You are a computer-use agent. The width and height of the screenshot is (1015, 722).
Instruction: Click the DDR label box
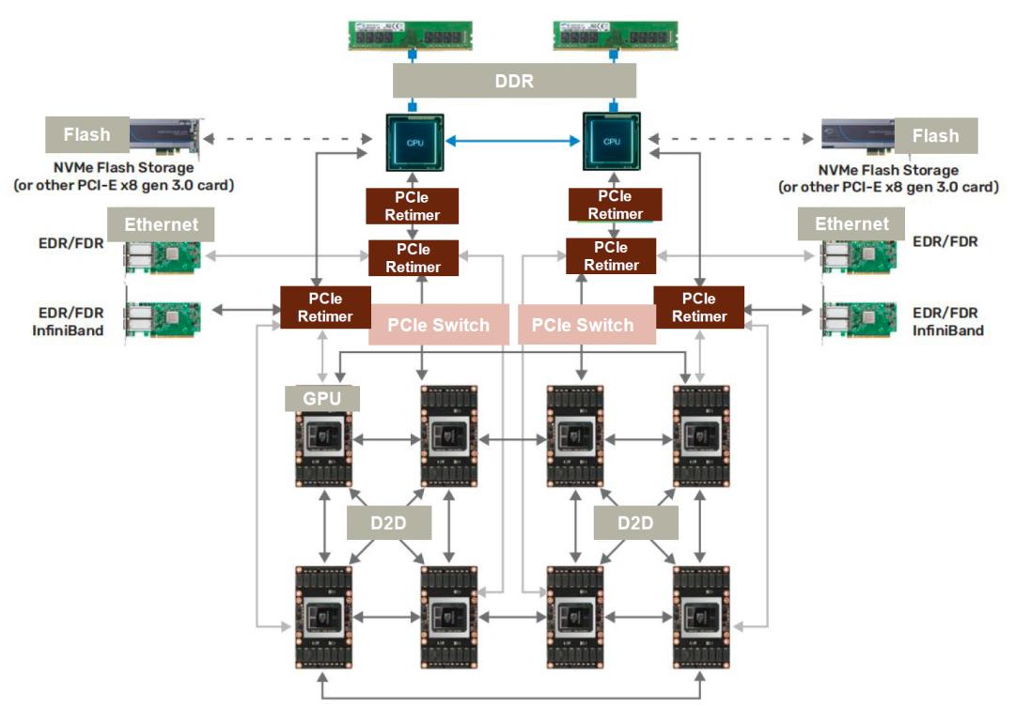pyautogui.click(x=514, y=81)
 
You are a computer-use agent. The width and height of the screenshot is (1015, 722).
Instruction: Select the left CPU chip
pyautogui.click(x=414, y=141)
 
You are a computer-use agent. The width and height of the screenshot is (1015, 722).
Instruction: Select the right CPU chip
pyautogui.click(x=612, y=141)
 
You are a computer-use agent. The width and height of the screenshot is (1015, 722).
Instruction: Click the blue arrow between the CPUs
pyautogui.click(x=513, y=141)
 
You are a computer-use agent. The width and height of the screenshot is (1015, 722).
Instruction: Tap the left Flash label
pyautogui.click(x=86, y=134)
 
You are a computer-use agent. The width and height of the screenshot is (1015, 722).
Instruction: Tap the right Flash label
pyautogui.click(x=935, y=135)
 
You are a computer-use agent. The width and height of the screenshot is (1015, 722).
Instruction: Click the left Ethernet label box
pyautogui.click(x=162, y=224)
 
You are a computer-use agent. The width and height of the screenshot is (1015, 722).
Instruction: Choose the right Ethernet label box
pyautogui.click(x=851, y=223)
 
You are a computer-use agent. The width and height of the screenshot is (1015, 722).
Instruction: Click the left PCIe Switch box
pyautogui.click(x=439, y=325)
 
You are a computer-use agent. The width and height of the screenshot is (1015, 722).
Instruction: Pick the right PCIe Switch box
pyautogui.click(x=583, y=325)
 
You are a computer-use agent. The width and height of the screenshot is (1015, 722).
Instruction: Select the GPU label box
pyautogui.click(x=321, y=397)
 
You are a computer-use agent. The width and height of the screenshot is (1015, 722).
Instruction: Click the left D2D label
pyautogui.click(x=389, y=522)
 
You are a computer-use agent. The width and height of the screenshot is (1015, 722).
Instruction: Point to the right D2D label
pyautogui.click(x=635, y=522)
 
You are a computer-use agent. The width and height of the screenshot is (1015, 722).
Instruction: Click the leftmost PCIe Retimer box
pyautogui.click(x=324, y=307)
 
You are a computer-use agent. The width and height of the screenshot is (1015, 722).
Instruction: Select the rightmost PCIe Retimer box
pyautogui.click(x=699, y=307)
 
